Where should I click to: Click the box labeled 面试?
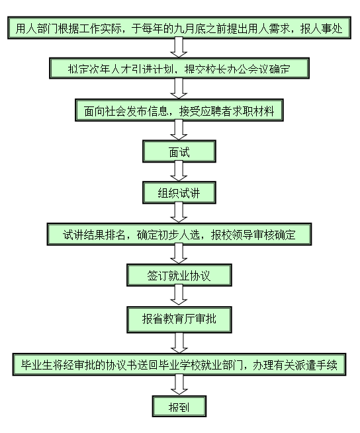click(x=178, y=152)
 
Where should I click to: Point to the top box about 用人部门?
click(x=178, y=28)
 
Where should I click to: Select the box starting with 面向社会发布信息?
click(x=178, y=111)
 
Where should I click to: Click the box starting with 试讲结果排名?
click(x=178, y=235)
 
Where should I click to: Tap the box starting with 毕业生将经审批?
click(x=178, y=365)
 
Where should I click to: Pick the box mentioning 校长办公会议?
click(x=178, y=68)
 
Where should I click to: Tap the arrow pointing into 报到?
click(x=178, y=385)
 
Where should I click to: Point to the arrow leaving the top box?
click(x=178, y=48)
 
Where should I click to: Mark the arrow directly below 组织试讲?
click(x=178, y=213)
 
